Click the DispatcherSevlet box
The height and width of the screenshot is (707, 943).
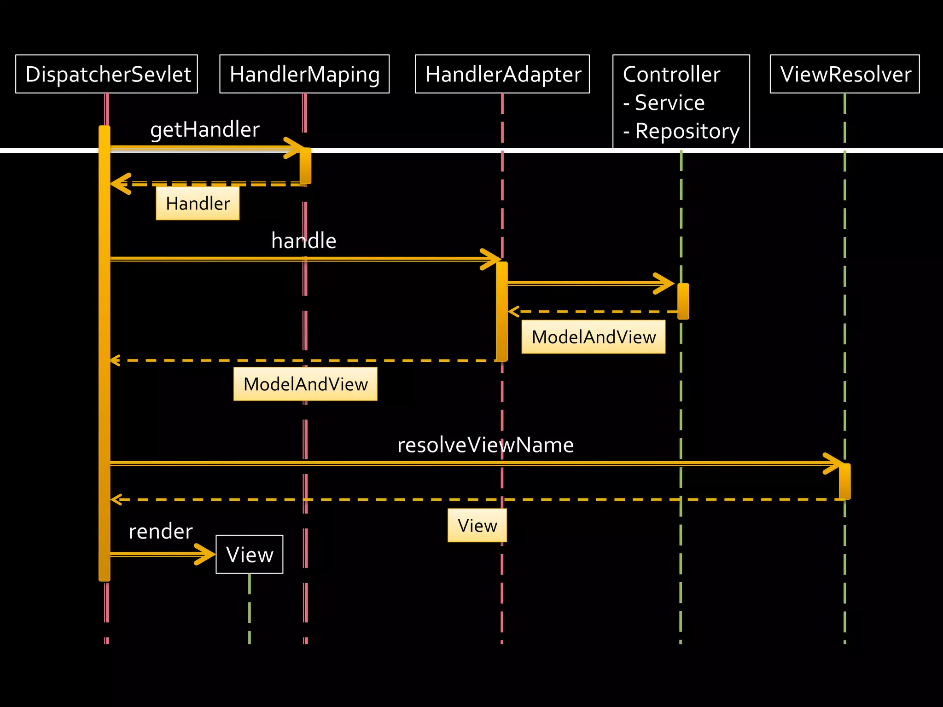coord(106,74)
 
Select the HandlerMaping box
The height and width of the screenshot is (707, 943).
coord(304,74)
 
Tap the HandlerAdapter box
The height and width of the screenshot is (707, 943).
coord(502,74)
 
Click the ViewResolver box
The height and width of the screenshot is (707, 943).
coord(844,74)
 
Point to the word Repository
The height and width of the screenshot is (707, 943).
coord(687,131)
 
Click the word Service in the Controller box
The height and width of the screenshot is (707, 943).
coord(669,103)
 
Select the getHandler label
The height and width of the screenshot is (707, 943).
coord(205,129)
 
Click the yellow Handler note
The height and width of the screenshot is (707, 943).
coord(198,203)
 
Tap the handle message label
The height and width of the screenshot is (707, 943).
coord(303,241)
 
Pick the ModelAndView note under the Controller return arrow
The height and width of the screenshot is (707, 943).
coord(593,337)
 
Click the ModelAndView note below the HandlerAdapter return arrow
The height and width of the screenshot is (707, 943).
coord(305,384)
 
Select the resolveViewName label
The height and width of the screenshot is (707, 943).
coord(485,445)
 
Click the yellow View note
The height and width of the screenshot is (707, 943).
coord(477,525)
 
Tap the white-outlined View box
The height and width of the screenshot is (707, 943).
coord(250,554)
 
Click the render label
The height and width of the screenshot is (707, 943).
coord(160,531)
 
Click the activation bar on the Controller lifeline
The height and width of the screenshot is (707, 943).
coord(683,301)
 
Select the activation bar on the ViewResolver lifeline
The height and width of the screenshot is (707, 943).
coord(844,481)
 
